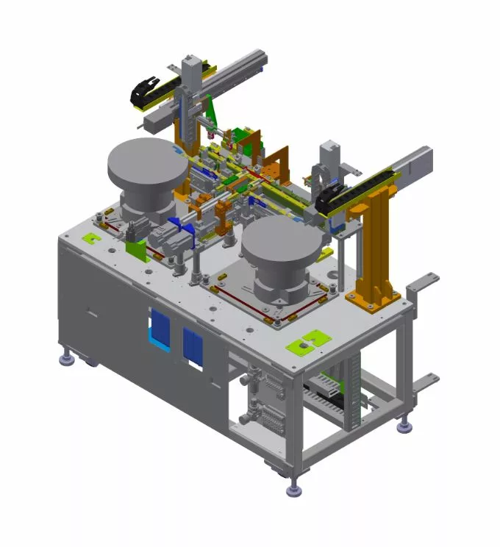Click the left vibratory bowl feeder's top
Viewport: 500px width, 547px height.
[x=146, y=162]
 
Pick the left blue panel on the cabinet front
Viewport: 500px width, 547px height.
[x=160, y=329]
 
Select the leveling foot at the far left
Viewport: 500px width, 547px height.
[x=67, y=359]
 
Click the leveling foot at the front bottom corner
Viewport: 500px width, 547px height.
[x=295, y=487]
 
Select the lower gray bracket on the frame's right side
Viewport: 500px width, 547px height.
[x=425, y=383]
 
